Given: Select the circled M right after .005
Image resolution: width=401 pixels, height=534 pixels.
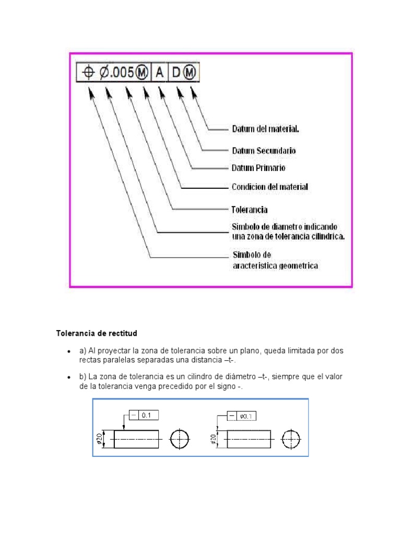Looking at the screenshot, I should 142,73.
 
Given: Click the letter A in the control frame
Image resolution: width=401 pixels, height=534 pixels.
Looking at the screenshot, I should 159,73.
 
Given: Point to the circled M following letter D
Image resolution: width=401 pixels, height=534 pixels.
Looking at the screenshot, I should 190,73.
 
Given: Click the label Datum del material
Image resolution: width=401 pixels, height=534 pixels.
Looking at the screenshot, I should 265,128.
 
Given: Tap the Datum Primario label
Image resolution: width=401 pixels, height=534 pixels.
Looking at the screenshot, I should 258,168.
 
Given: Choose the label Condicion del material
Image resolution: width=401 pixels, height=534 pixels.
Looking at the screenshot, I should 269,187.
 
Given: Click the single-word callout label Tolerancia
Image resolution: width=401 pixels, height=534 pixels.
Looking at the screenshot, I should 249,210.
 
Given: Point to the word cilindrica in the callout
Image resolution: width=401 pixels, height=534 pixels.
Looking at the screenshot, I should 326,236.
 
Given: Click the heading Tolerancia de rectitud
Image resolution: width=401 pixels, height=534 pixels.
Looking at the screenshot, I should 97,332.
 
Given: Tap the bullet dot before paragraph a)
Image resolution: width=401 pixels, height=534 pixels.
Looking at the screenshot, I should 69,352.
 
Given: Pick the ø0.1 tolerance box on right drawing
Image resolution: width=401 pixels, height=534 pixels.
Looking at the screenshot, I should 246,416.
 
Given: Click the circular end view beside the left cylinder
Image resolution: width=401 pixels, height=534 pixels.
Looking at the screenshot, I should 179,439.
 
